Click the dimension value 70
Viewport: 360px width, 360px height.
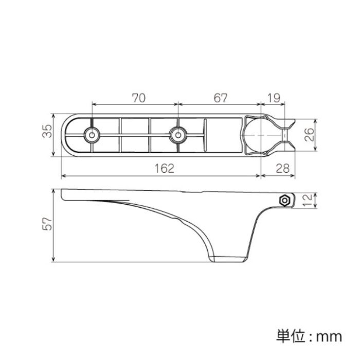[139, 98]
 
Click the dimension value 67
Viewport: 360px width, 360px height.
[221, 98]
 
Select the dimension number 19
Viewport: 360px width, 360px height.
[274, 98]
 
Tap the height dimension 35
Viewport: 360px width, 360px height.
[47, 131]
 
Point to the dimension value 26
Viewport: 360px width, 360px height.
[310, 135]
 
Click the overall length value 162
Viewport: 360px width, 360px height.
[165, 169]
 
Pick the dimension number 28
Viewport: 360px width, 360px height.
[283, 169]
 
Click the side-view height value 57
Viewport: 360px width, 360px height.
[47, 224]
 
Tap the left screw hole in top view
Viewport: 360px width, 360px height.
[92, 135]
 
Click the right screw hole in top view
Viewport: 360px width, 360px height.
[178, 135]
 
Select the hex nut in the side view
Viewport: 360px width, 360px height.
[285, 201]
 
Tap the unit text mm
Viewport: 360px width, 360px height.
[330, 337]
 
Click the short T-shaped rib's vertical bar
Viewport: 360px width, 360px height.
[205, 135]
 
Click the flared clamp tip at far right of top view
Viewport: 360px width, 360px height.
[291, 135]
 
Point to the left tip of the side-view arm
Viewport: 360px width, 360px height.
[62, 194]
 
